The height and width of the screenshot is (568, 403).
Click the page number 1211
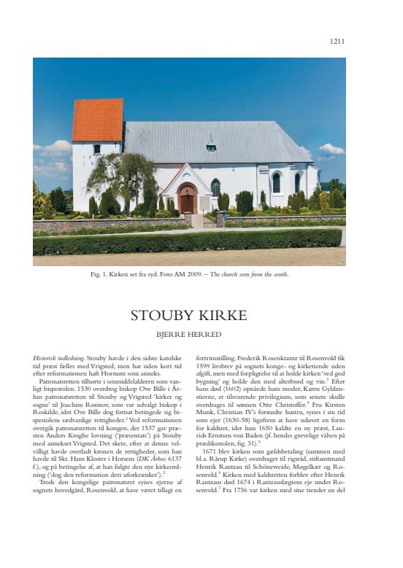(x=337, y=42)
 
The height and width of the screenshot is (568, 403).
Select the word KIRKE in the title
(x=223, y=316)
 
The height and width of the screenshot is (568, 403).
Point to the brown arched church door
(x=188, y=201)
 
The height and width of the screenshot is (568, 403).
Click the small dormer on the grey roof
(x=211, y=144)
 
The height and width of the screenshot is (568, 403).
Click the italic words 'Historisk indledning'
(x=58, y=359)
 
